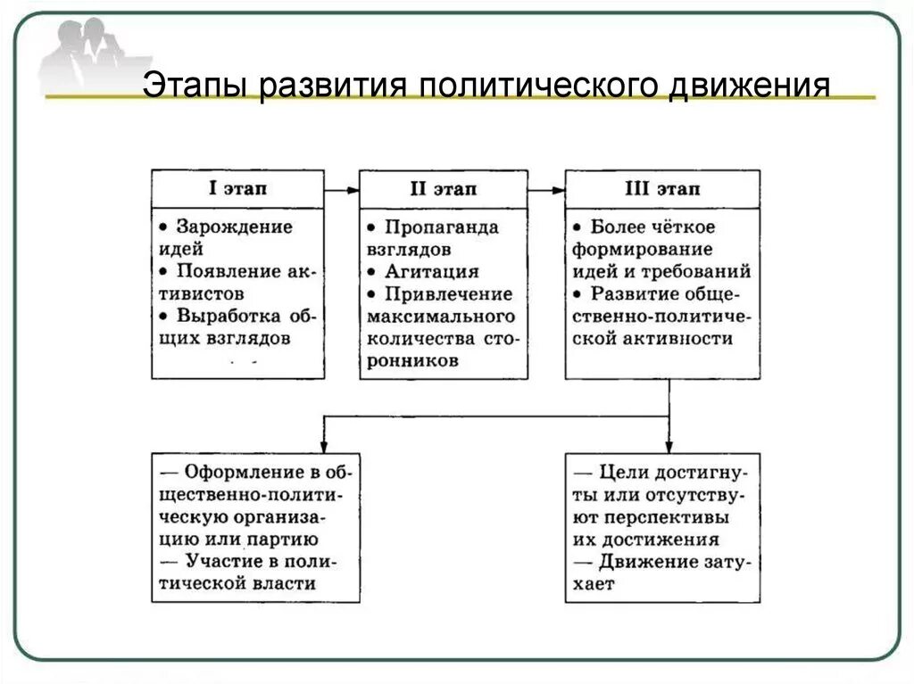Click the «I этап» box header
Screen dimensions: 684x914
point(237,189)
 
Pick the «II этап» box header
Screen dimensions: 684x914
point(443,189)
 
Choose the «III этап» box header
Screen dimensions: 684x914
point(662,189)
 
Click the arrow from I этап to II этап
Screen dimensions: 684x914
point(342,189)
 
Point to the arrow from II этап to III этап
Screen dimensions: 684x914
point(546,189)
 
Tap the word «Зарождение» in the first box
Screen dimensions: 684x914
point(234,227)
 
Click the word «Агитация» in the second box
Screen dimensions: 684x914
point(432,271)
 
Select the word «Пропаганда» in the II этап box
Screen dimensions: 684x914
point(443,227)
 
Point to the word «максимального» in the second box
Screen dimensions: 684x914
point(440,317)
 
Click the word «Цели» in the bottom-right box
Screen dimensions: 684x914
point(622,472)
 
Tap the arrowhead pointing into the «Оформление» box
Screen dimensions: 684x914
point(323,443)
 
